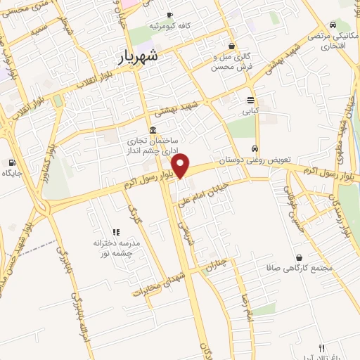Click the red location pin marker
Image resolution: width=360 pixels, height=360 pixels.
pos(181,166)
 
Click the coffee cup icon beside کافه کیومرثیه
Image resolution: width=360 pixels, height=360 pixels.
pos(169,15)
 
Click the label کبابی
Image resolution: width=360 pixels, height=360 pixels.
pos(251,110)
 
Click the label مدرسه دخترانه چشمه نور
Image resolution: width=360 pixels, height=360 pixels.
pos(117,247)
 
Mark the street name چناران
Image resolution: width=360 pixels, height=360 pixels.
pos(214,265)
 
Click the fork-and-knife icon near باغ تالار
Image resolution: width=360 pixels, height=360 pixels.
pos(321,347)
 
